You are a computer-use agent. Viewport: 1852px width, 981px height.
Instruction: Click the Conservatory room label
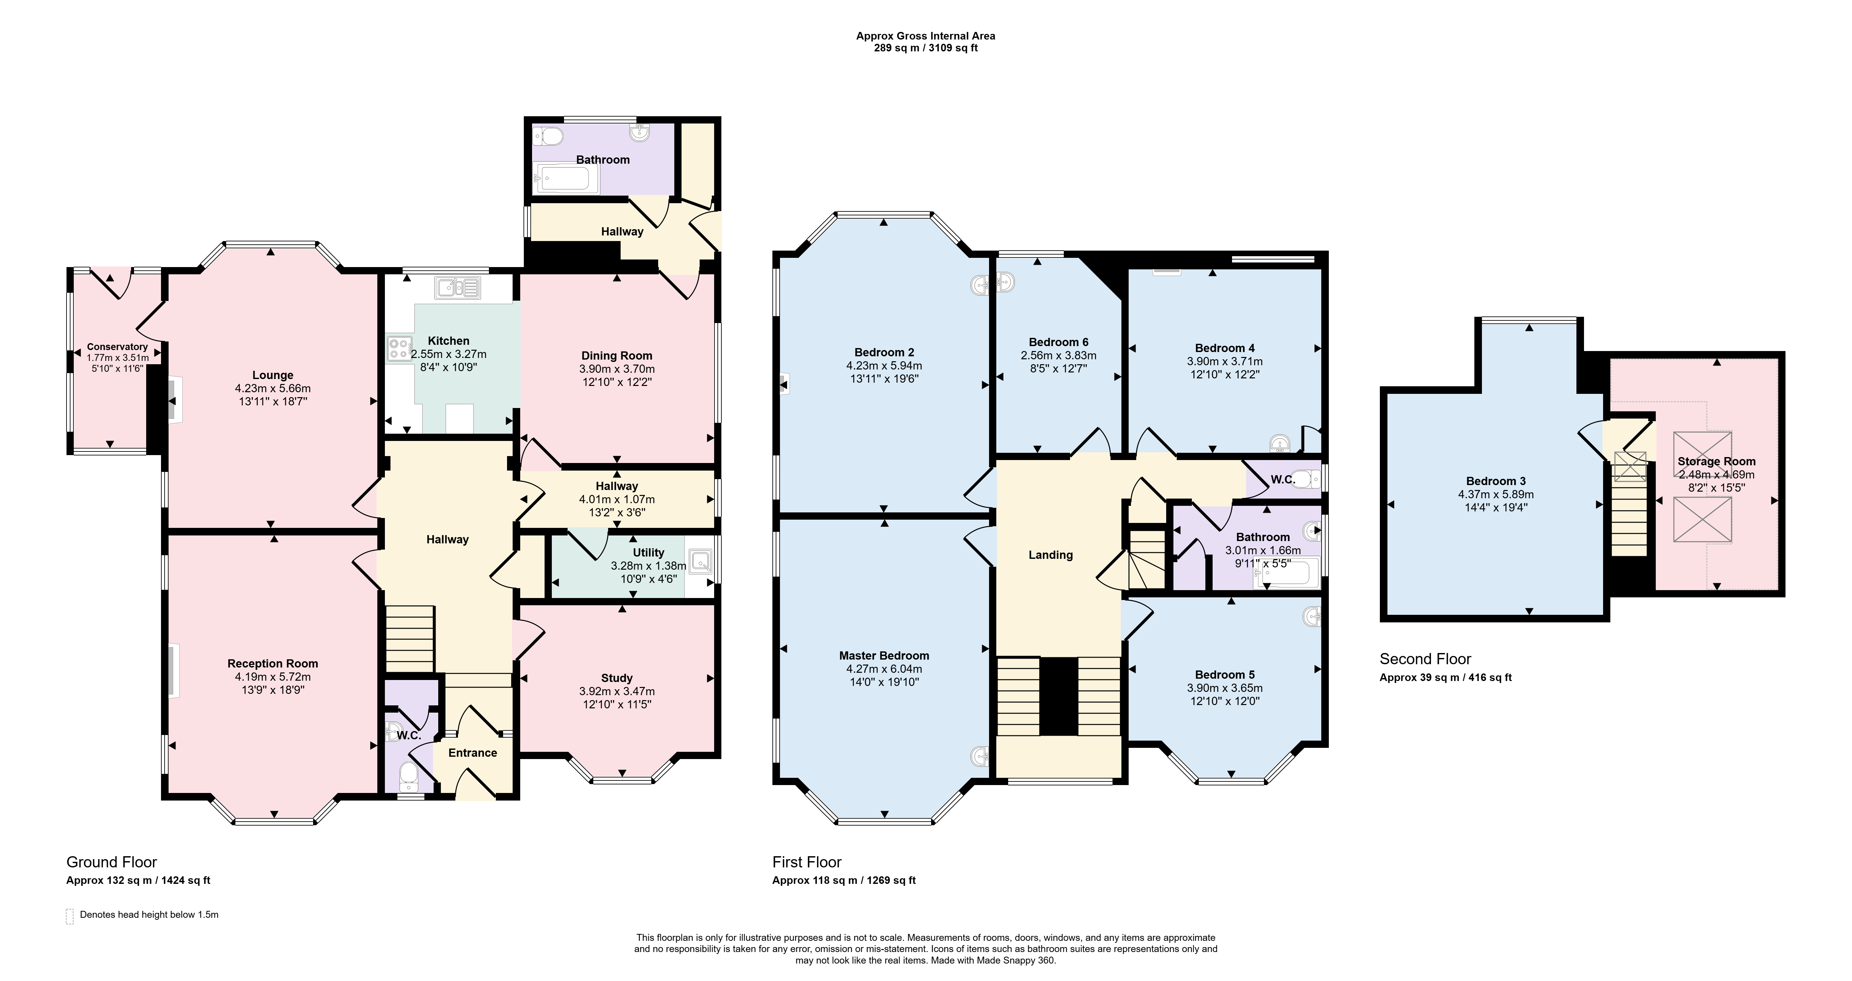pos(117,347)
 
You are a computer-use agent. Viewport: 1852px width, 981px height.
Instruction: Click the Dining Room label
pos(617,355)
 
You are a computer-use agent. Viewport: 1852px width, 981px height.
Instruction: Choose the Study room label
pos(617,677)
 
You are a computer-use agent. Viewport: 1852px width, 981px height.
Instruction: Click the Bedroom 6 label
pos(1058,341)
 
